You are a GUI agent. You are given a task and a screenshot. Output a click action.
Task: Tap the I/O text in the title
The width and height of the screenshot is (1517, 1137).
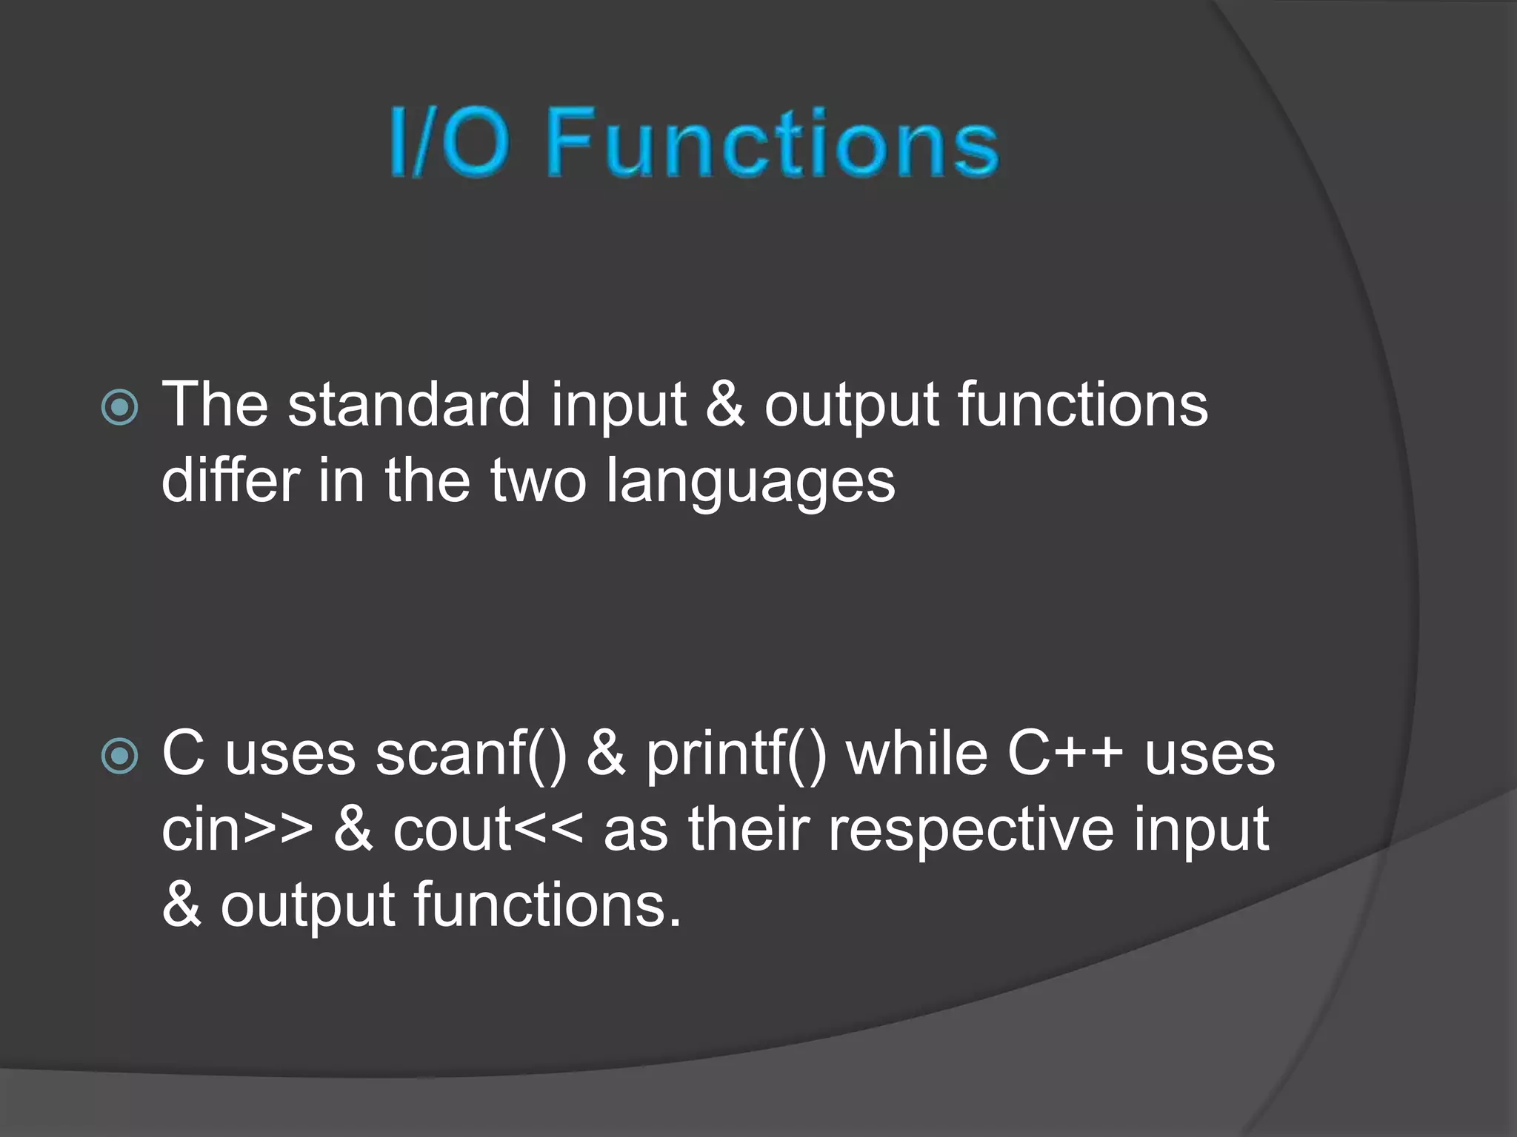450,141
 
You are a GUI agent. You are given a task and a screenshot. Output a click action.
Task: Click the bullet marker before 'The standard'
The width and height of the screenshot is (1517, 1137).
119,406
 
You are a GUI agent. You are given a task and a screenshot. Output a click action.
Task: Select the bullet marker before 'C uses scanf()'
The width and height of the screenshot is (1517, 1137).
119,756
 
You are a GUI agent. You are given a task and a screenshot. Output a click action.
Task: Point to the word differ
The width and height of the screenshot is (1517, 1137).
230,480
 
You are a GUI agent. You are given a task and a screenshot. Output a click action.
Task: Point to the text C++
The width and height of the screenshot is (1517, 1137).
1064,754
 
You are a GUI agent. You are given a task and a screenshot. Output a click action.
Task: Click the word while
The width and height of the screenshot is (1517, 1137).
917,754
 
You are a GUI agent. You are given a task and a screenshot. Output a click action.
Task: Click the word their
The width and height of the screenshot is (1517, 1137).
748,829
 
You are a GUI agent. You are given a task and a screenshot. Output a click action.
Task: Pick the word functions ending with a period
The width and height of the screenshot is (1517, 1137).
547,905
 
